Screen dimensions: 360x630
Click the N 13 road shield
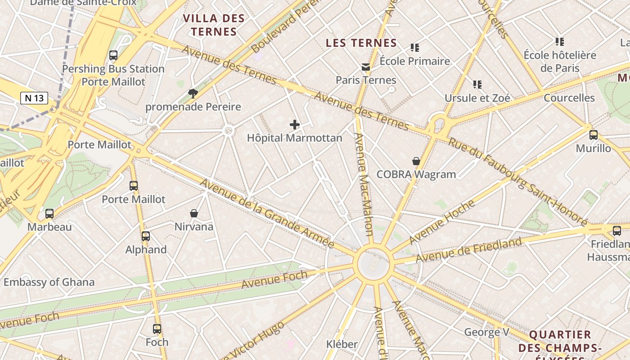[34, 98]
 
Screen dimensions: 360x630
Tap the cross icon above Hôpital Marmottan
[295, 125]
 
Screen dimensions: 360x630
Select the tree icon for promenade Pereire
[193, 94]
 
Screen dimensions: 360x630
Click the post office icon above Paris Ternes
[366, 67]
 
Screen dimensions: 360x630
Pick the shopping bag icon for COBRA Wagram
[416, 161]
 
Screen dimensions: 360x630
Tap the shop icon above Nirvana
[194, 213]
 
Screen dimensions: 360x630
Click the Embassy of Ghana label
[49, 283]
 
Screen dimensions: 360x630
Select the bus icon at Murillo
[594, 135]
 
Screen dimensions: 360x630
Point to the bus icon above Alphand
[146, 236]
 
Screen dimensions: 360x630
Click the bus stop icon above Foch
[157, 329]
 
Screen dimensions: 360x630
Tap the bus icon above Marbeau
[49, 214]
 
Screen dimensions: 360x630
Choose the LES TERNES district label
[361, 43]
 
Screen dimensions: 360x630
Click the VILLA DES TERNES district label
[214, 25]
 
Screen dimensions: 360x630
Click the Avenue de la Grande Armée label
[267, 213]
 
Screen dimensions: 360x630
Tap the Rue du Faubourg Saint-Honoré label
[517, 181]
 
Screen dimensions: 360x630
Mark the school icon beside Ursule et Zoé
[477, 85]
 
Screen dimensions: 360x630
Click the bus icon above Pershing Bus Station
[113, 55]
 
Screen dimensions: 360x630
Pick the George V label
[486, 333]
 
